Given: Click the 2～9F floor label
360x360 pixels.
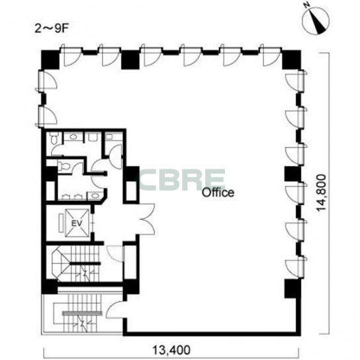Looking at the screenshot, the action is coord(52,29).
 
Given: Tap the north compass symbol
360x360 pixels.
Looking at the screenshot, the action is coord(315,21).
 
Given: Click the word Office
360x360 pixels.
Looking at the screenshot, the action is coord(218,193).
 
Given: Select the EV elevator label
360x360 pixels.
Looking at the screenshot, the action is coord(77,223).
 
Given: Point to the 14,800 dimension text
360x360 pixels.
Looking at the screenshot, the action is coord(321,193).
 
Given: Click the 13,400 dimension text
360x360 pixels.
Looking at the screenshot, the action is coord(172,350).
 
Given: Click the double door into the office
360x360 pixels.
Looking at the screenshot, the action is coord(147,219).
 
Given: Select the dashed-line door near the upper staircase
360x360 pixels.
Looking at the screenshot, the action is coord(116,253).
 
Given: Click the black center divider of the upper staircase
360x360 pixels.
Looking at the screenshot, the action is coord(85,263).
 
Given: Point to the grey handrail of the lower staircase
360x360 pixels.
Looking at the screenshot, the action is coord(82,313).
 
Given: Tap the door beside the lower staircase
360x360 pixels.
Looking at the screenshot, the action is coord(114,309).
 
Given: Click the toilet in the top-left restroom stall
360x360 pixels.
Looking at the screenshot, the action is coord(54,138).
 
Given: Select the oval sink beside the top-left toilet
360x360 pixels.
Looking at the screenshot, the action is coord(73,137).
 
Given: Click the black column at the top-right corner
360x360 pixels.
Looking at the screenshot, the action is coord(291,60).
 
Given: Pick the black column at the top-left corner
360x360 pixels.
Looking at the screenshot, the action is coord(50,60).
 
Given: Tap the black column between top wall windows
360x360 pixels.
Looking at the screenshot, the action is coord(130,60).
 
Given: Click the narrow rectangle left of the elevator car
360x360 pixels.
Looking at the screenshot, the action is coord(62,223).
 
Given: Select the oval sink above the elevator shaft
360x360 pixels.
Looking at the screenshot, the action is coord(94,196).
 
